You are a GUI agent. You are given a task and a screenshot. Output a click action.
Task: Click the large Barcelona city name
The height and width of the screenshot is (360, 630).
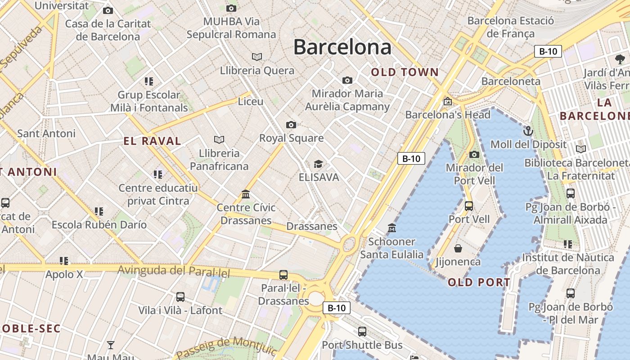(x=342, y=47)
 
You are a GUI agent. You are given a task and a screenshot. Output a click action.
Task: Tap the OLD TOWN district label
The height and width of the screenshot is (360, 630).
(x=405, y=72)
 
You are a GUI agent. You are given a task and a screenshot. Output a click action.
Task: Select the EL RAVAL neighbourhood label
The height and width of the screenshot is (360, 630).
(x=152, y=141)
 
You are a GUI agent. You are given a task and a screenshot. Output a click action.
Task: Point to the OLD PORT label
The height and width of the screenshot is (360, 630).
(x=479, y=283)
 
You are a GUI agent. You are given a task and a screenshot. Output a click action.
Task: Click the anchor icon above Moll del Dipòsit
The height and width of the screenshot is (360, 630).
(x=528, y=131)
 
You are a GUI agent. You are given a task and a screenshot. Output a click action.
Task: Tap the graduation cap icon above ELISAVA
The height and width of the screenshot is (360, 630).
(x=319, y=164)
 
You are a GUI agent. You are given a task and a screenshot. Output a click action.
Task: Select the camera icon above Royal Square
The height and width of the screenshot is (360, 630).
(x=291, y=125)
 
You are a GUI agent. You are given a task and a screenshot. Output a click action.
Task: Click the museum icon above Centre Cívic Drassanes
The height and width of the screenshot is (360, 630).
(x=246, y=194)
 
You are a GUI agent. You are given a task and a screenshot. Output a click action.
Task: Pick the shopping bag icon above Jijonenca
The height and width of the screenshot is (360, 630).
(x=458, y=248)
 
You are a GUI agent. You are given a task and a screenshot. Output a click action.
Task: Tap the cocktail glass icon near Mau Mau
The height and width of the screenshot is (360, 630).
(x=111, y=345)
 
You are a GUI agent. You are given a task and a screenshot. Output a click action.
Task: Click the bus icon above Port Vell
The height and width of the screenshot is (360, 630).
(x=469, y=206)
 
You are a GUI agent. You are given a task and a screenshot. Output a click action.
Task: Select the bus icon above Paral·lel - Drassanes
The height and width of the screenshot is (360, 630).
(x=283, y=274)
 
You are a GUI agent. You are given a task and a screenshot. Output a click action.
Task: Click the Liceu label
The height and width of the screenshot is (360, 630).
(x=251, y=102)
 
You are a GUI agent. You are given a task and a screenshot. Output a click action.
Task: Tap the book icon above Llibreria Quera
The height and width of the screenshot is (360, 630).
(x=257, y=57)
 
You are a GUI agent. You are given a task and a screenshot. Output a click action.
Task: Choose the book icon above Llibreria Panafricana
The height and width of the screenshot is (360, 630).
(x=219, y=139)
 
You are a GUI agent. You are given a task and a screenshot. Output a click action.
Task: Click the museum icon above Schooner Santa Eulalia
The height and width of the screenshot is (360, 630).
(x=392, y=228)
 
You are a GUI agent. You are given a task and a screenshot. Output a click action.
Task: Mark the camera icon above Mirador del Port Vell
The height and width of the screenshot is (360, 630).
(x=474, y=155)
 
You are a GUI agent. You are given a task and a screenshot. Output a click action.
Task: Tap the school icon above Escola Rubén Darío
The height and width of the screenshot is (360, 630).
(x=99, y=211)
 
